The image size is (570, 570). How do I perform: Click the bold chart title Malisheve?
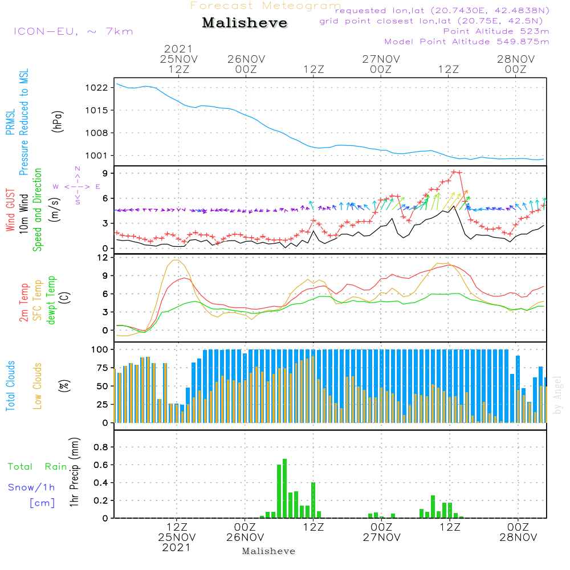[245, 23]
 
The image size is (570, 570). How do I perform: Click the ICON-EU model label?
[73, 31]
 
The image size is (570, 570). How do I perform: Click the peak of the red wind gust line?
[454, 172]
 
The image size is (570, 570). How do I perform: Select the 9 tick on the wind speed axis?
[105, 173]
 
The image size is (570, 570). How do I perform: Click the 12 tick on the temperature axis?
[103, 258]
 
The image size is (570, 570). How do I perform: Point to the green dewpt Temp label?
[52, 300]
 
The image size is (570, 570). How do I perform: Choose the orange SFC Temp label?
[38, 300]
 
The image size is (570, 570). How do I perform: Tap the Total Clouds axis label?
[11, 386]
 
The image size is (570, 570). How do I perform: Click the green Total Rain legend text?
[38, 467]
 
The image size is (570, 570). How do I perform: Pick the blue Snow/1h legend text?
[32, 487]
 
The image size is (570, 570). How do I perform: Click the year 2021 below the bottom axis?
[177, 548]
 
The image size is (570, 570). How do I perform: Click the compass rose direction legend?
[78, 186]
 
